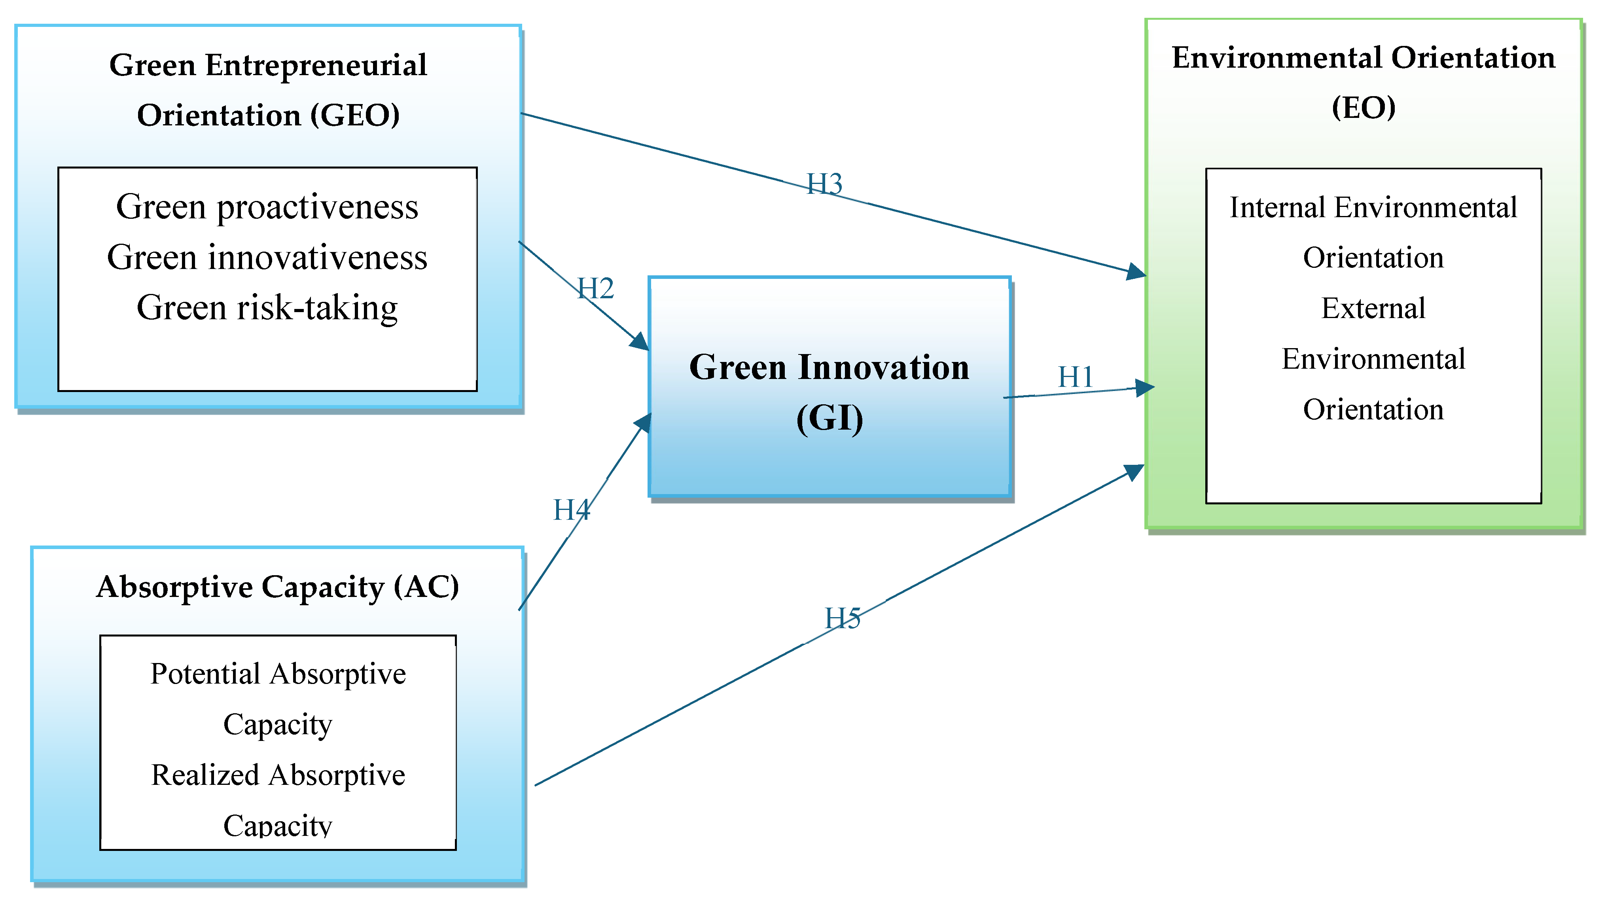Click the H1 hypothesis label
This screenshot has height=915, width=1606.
click(1075, 377)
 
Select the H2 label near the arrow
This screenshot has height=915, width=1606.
click(595, 288)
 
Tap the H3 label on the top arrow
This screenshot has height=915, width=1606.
click(824, 184)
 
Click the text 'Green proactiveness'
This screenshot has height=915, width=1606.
click(267, 207)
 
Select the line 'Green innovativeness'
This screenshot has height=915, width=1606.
click(267, 257)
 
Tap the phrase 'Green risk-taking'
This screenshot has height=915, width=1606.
click(267, 307)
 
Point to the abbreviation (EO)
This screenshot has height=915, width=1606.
click(1364, 108)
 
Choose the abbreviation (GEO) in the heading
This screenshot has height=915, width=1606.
click(355, 115)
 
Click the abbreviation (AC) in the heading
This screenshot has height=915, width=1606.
click(427, 587)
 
